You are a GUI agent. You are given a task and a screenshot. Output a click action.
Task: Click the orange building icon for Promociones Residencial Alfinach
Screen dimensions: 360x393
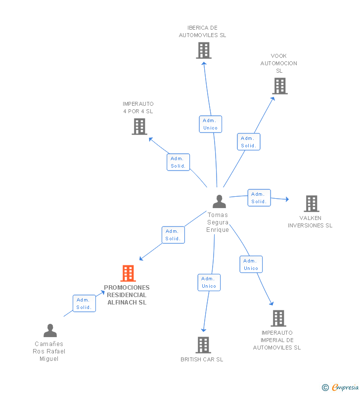128,273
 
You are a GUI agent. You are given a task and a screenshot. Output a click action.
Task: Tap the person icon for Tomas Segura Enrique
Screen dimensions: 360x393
220,202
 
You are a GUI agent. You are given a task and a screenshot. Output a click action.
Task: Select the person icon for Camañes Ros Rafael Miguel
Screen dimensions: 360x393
50,330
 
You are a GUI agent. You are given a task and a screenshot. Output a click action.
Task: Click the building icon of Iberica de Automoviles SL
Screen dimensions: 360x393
204,50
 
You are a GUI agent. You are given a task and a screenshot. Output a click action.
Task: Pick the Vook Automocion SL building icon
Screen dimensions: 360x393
280,86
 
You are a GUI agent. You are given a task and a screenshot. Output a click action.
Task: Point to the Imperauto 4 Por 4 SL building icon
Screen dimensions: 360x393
139,127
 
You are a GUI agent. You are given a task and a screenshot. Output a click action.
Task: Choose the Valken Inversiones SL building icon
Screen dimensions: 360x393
312,204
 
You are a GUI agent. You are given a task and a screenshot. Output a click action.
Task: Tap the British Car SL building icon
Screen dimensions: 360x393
203,345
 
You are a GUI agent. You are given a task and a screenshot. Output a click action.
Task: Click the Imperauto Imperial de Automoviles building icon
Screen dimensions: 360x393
278,318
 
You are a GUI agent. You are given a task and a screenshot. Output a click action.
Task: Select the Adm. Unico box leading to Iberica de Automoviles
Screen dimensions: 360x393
210,124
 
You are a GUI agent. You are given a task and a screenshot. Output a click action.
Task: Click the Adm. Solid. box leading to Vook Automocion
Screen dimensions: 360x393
249,142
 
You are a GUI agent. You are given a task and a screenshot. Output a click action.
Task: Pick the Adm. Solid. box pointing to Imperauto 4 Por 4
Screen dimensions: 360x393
178,162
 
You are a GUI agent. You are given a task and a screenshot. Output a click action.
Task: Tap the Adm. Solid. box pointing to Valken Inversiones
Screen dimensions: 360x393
259,198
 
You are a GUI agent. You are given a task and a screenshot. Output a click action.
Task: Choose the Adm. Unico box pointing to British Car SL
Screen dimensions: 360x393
209,282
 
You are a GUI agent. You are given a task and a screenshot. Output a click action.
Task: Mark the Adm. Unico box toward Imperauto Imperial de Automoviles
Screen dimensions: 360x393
251,264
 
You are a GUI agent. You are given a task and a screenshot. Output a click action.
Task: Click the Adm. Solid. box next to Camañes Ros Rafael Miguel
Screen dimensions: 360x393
84,304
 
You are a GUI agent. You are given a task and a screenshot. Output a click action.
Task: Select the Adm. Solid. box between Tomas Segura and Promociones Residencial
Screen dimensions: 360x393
173,235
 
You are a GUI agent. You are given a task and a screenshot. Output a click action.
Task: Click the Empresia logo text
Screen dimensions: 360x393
345,387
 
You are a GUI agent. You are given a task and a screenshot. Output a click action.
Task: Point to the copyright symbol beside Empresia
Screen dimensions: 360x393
325,388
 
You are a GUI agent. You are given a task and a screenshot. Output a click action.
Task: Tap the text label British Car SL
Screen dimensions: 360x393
202,359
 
